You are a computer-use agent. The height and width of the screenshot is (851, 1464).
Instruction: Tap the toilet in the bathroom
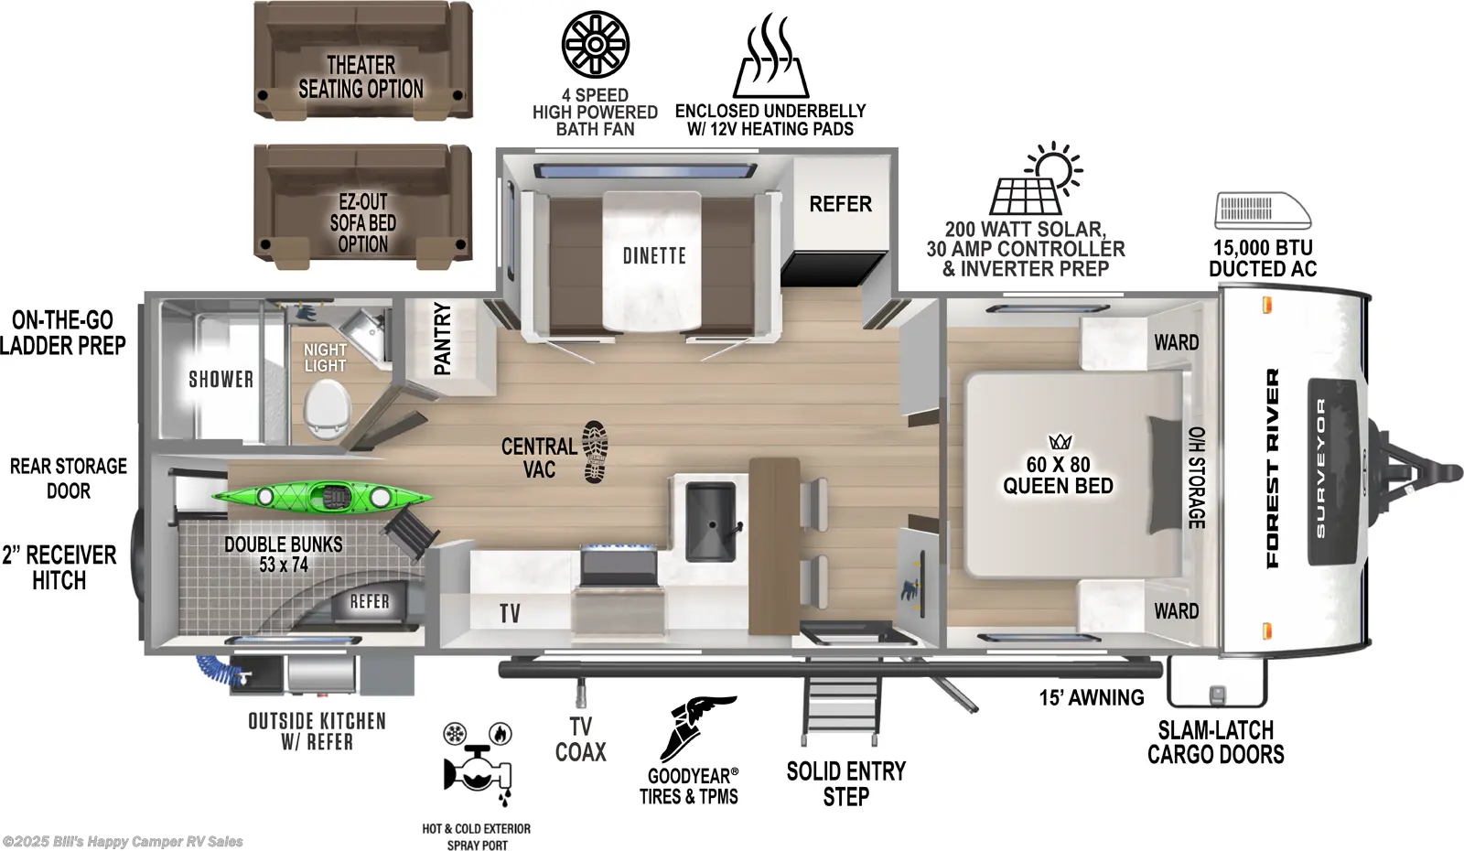327,407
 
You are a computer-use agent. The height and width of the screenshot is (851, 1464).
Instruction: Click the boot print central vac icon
595,451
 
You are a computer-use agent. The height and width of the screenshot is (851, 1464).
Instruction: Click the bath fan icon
595,44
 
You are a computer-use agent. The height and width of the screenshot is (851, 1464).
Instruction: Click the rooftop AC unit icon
1262,210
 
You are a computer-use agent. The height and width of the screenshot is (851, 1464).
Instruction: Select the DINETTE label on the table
654,256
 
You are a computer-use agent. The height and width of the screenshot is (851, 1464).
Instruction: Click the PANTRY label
443,339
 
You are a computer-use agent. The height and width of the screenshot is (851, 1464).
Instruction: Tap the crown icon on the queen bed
1060,442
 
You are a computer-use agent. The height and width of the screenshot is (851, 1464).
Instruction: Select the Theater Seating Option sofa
362,60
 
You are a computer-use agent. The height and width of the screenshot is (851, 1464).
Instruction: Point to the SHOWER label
221,379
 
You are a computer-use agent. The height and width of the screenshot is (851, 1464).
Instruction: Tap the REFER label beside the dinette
840,204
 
